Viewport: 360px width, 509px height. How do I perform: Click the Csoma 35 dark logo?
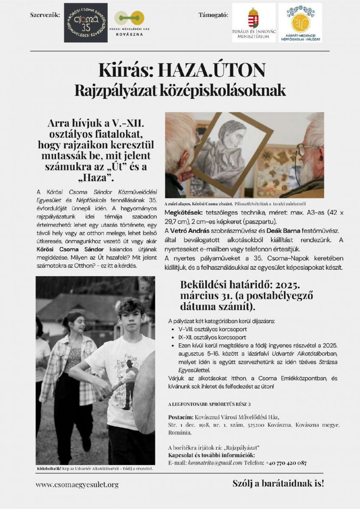pos(85,22)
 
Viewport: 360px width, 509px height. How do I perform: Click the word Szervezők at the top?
pos(45,15)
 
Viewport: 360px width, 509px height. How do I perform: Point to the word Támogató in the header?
pos(213,15)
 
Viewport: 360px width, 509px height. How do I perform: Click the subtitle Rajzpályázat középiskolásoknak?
pos(180,90)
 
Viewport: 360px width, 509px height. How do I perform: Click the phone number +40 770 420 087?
pos(286,463)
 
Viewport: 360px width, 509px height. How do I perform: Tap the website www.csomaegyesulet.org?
pos(77,484)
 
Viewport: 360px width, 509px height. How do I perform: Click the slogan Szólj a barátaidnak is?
pos(278,483)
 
